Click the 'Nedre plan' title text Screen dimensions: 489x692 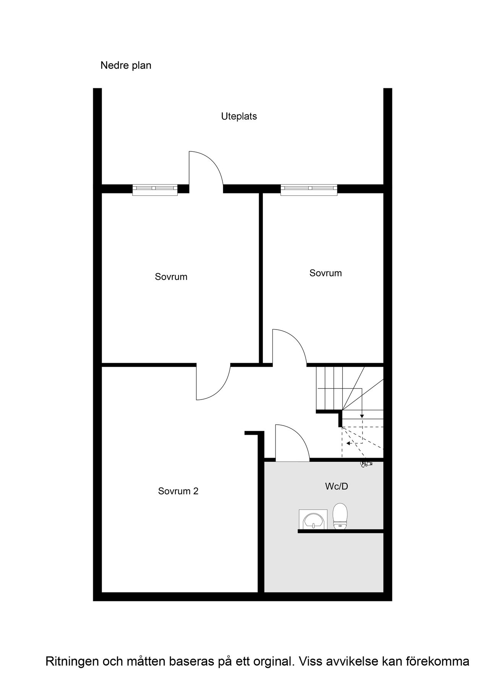coord(126,66)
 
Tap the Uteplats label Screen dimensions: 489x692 coord(239,116)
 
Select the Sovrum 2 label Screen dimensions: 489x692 coord(178,491)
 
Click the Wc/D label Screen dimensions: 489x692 coord(337,486)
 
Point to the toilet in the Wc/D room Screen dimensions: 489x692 coord(340,516)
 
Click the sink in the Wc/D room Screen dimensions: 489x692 coord(313,520)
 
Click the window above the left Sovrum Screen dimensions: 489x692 coord(155,190)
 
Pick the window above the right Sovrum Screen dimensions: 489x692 coord(309,190)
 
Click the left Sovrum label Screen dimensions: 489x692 coord(171,277)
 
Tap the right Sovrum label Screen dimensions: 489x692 coord(325,273)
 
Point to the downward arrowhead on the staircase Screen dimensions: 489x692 coord(362,416)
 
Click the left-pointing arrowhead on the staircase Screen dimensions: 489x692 coord(348,443)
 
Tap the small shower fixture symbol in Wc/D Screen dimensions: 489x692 coord(366,464)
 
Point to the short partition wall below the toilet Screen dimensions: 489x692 coord(340,531)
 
